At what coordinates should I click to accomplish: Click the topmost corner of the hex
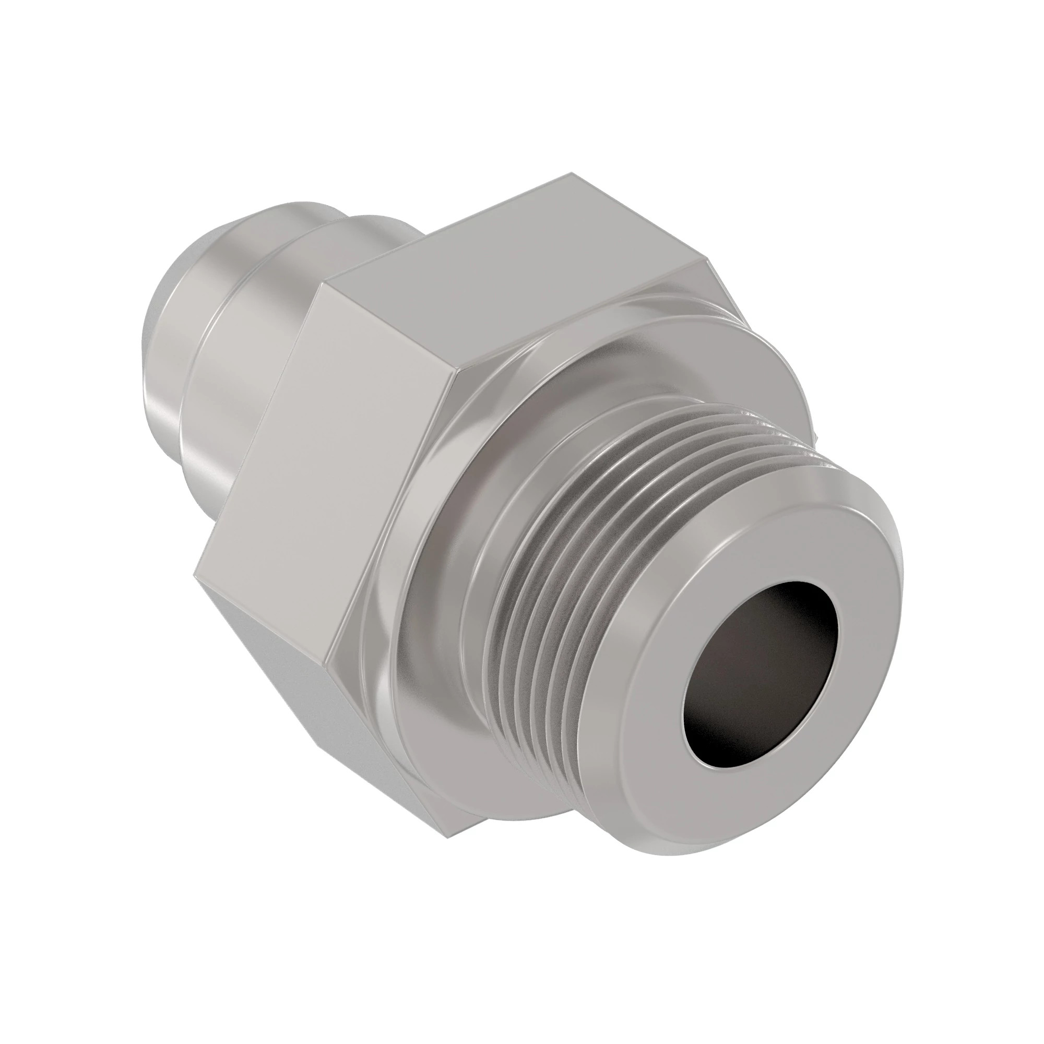[x=572, y=173]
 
